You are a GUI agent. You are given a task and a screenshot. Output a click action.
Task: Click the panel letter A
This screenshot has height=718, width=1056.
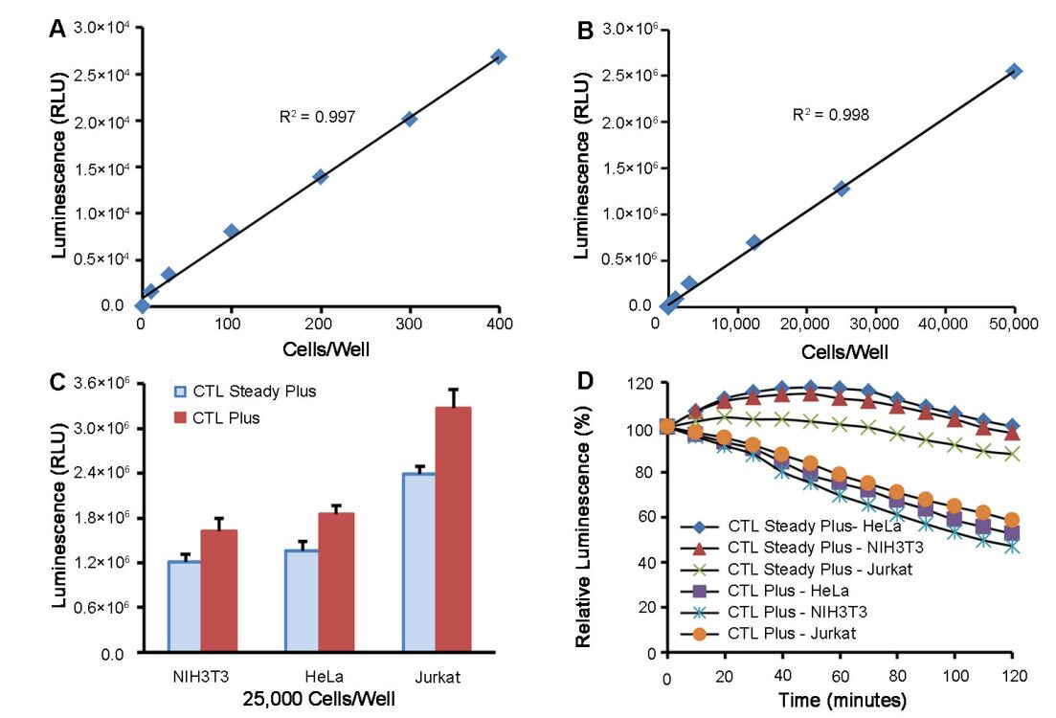(58, 30)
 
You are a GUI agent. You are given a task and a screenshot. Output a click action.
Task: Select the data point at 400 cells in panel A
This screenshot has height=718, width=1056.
(498, 56)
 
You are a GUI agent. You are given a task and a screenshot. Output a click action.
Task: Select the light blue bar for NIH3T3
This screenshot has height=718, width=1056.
(185, 606)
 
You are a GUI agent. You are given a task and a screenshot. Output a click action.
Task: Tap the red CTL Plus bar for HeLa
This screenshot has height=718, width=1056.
(336, 583)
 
